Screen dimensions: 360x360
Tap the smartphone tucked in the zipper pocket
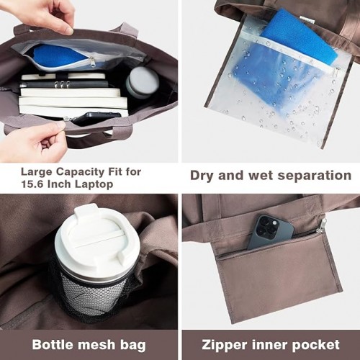(x=270, y=233)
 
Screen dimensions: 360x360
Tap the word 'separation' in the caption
(x=315, y=176)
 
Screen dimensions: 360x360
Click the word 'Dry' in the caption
(x=202, y=176)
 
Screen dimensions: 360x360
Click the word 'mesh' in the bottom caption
(x=97, y=344)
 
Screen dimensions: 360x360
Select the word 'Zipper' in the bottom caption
(x=224, y=345)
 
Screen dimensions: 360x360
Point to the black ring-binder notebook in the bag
(x=63, y=84)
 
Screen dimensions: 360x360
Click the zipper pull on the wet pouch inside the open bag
(x=93, y=63)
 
